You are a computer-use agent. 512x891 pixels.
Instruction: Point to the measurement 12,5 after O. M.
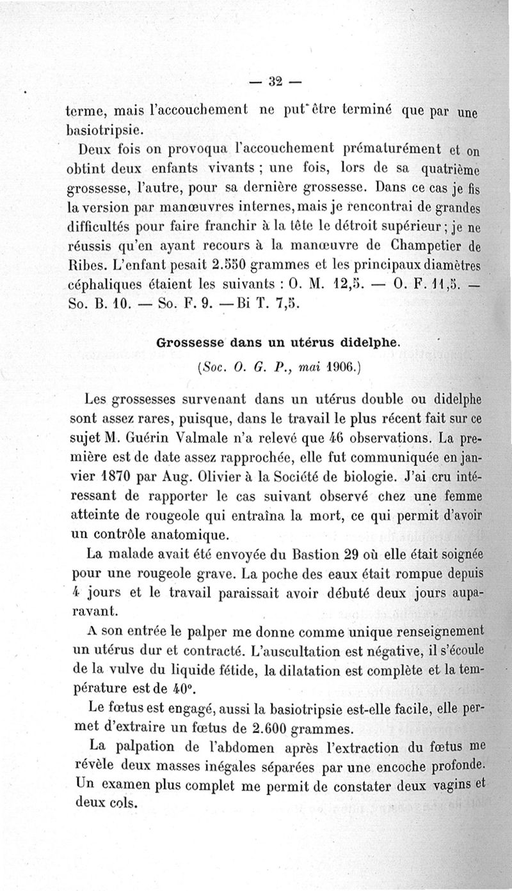point(351,283)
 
